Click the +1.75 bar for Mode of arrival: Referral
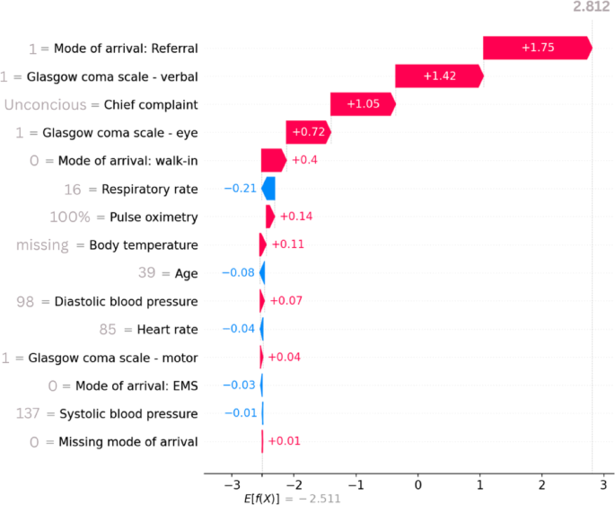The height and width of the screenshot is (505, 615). tap(537, 49)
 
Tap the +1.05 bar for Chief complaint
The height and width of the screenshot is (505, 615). tap(362, 104)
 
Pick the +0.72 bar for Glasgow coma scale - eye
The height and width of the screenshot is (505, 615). tap(308, 133)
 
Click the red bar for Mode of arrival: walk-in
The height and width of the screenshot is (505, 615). tap(273, 161)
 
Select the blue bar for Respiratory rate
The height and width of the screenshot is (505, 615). tap(268, 189)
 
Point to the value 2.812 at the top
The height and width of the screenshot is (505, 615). tap(591, 8)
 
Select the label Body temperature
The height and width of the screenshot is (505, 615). tap(144, 244)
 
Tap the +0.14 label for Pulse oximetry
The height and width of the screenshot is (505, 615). tap(294, 217)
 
